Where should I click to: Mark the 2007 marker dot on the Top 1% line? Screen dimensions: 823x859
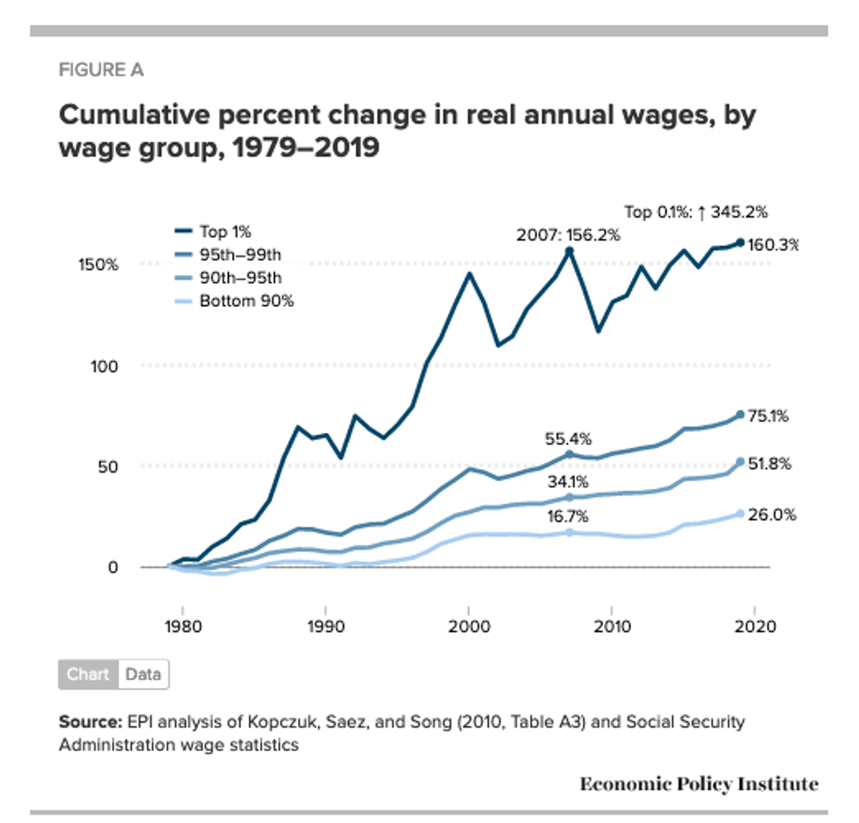click(569, 251)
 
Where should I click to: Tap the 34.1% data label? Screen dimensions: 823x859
click(569, 481)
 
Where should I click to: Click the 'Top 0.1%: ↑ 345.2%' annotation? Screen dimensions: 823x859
click(695, 211)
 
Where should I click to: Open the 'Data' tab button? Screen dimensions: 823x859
click(143, 674)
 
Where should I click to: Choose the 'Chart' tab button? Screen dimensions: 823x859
click(88, 674)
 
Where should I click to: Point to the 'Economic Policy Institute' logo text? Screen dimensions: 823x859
click(699, 784)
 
